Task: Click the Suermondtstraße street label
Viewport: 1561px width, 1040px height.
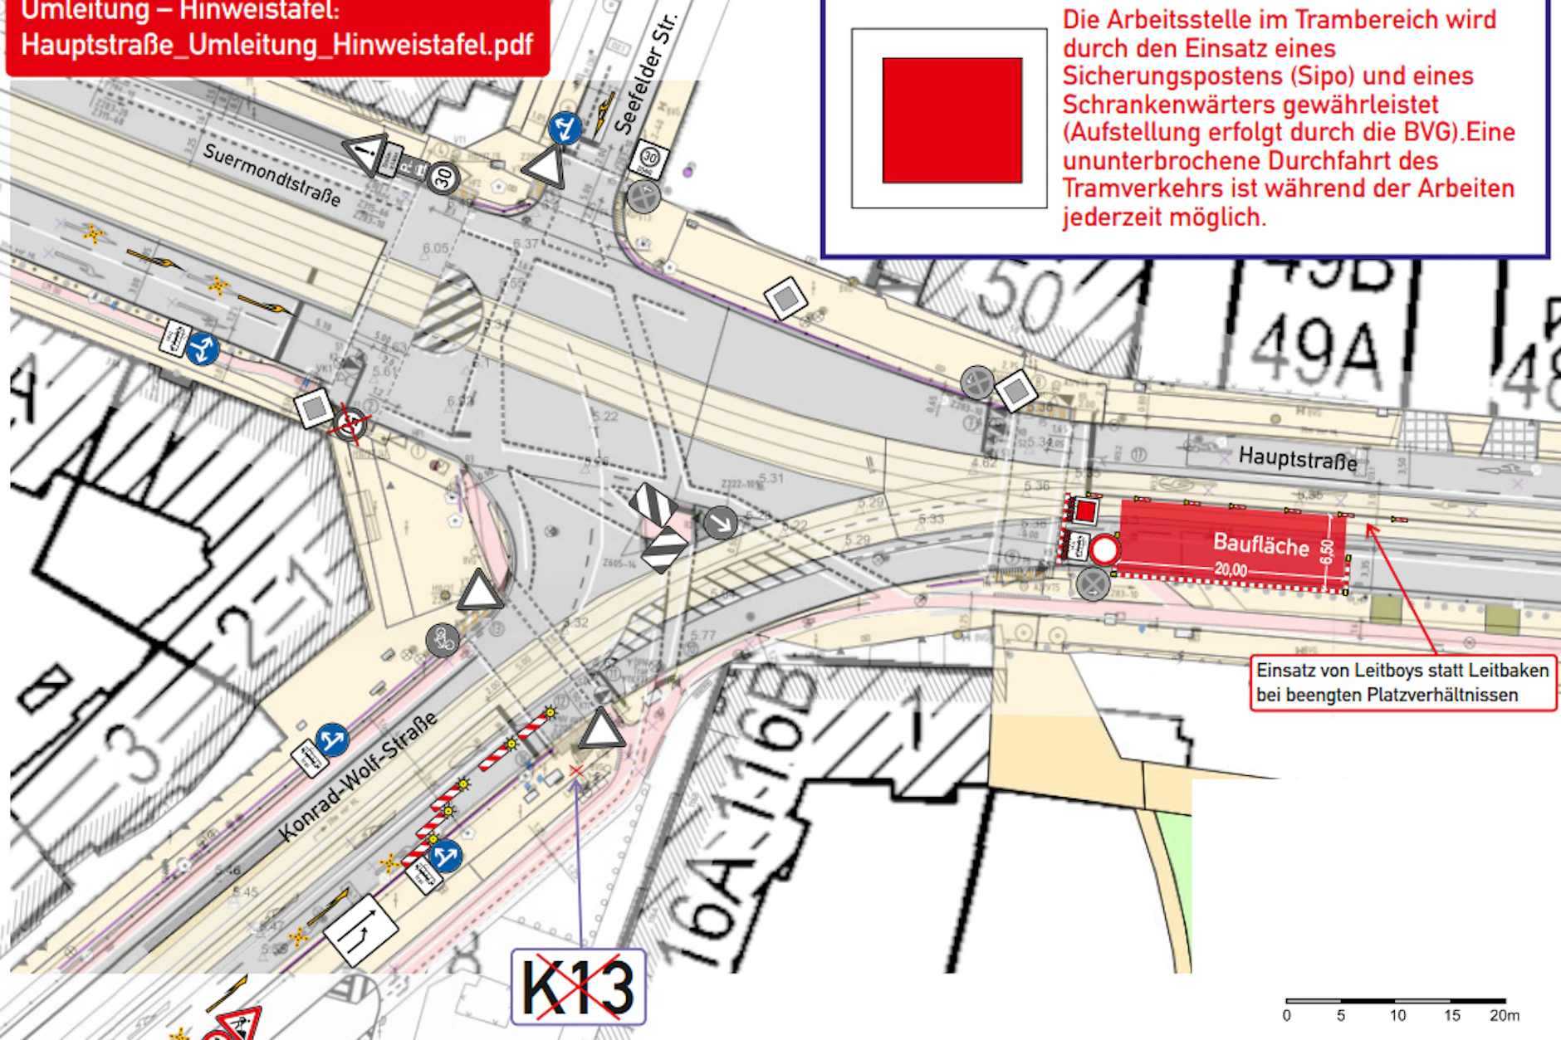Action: click(272, 175)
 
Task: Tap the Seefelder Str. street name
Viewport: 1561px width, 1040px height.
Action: click(645, 75)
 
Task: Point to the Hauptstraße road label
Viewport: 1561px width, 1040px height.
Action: click(1297, 457)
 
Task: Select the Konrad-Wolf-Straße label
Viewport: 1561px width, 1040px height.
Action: click(358, 776)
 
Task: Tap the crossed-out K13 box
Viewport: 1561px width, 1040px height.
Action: click(578, 986)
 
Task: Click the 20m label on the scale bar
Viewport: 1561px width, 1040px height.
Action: click(1504, 1015)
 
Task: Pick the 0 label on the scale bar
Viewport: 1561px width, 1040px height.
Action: click(1286, 1015)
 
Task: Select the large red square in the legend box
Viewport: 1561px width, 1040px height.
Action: click(952, 120)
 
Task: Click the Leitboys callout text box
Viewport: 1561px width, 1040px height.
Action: click(1402, 682)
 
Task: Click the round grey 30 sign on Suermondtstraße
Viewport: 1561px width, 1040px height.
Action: click(444, 177)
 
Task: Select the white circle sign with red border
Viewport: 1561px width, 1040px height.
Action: click(1104, 549)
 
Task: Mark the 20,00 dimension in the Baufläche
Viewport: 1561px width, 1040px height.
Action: click(1231, 569)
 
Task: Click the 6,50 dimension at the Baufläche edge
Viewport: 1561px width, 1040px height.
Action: click(1327, 550)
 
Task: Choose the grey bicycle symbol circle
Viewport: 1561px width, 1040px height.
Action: click(443, 640)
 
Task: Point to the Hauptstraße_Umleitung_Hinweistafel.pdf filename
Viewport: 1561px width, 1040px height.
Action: click(276, 45)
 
